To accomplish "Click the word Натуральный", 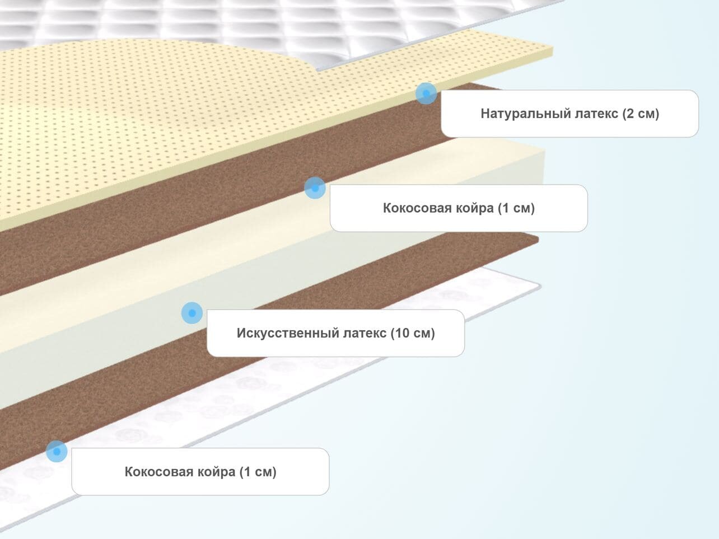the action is pos(525,114).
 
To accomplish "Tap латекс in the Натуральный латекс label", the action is pos(596,114).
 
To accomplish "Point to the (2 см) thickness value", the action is pos(641,114).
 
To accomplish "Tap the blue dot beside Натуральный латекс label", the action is pos(426,93).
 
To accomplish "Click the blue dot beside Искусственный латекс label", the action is pos(192,313).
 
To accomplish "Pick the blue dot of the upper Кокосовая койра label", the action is pos(315,188).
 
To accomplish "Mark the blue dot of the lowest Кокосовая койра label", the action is pos(57,451).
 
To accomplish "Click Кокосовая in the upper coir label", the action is pos(415,208).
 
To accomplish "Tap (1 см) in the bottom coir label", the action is pos(258,472).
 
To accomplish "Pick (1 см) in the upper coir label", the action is pos(516,208).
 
